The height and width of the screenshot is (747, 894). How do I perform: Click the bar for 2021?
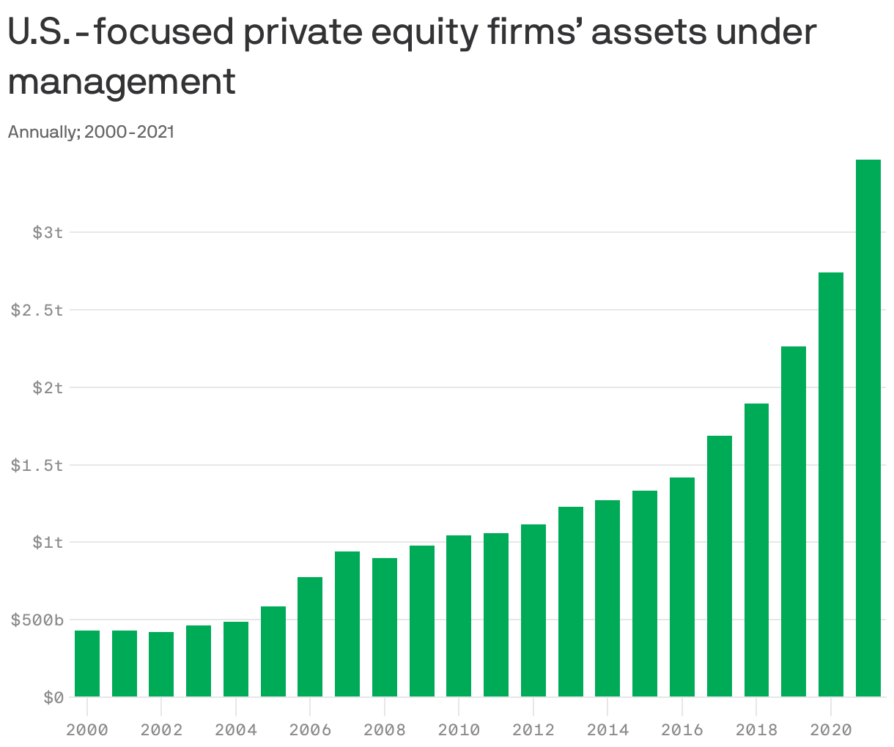point(868,428)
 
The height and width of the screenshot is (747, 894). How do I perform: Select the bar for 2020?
point(830,484)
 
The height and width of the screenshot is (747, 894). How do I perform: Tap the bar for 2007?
point(347,624)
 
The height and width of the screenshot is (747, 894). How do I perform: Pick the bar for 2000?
point(87,664)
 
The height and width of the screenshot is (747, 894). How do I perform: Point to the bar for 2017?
point(719,566)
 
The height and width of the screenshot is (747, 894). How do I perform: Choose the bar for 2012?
point(533,610)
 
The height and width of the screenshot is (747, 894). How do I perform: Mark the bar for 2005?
point(273,651)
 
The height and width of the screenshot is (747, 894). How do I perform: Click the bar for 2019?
point(794,521)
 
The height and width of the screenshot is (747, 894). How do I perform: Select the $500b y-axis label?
point(37,620)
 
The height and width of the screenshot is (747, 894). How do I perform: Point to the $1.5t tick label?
point(37,465)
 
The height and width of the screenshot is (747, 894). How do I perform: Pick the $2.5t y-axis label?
point(37,310)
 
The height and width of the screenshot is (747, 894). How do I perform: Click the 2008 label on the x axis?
point(385,730)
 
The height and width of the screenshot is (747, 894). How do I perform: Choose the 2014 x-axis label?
point(607,730)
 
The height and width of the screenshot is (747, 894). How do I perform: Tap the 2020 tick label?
point(830,730)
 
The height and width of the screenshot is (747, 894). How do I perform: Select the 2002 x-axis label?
point(161,730)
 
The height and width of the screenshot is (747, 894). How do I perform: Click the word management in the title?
point(122,81)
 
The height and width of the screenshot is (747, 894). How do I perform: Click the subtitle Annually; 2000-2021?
point(91,133)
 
